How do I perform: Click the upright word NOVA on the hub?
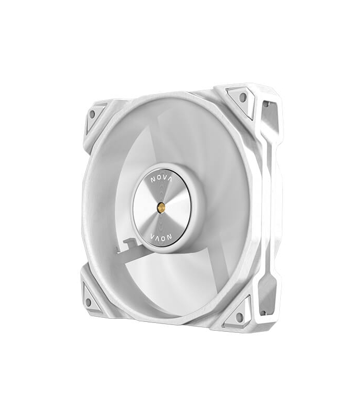pyautogui.click(x=161, y=180)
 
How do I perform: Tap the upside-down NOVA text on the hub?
pyautogui.click(x=161, y=236)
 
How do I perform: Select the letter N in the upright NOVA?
pyautogui.click(x=153, y=180)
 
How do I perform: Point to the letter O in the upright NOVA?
pyautogui.click(x=159, y=179)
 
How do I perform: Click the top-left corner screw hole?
pyautogui.click(x=92, y=114)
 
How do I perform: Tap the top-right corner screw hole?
pyautogui.click(x=242, y=97)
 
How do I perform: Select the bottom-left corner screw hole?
pyautogui.click(x=88, y=302)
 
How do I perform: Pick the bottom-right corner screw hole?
pyautogui.click(x=239, y=316)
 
